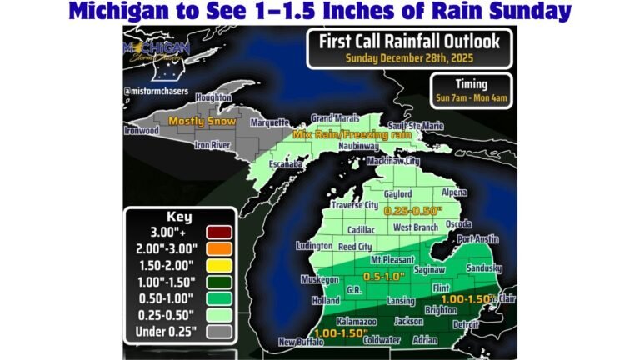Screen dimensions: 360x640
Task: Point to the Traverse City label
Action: (356, 204)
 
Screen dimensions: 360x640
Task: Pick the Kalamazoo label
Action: (357, 321)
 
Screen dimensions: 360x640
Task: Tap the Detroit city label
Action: (465, 323)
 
